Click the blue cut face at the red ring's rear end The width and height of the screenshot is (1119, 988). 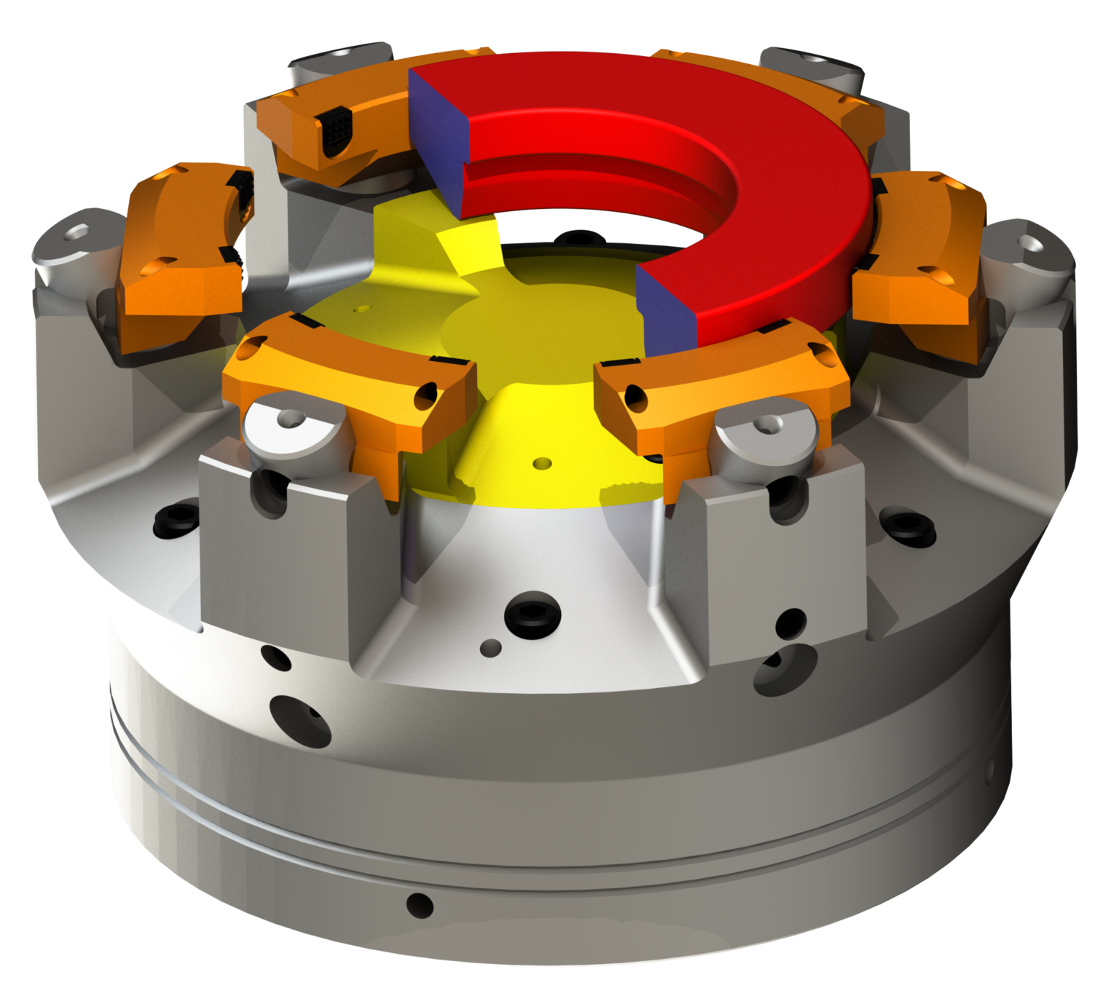pyautogui.click(x=437, y=138)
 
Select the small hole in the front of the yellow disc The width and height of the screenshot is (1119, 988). pyautogui.click(x=540, y=462)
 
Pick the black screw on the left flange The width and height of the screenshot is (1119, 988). pyautogui.click(x=170, y=520)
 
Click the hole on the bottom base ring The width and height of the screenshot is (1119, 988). pyautogui.click(x=419, y=904)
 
